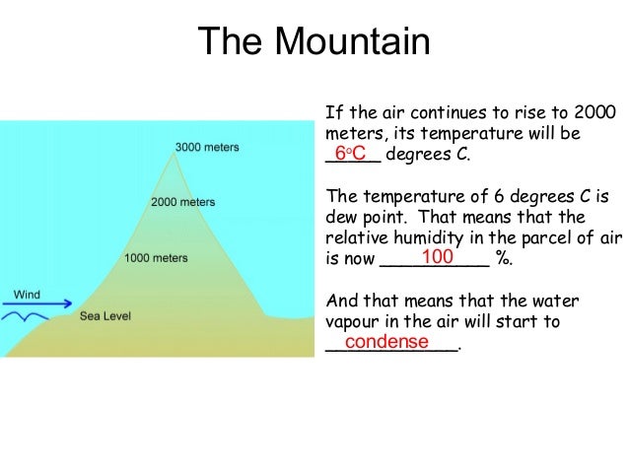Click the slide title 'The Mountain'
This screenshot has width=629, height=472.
click(314, 42)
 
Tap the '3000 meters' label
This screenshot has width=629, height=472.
click(206, 148)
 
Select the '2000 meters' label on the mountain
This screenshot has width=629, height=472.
click(182, 202)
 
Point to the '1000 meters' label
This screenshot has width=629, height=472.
click(156, 258)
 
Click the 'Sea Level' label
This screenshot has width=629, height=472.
click(105, 316)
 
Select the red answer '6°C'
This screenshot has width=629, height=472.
click(350, 154)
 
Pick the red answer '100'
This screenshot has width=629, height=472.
click(437, 257)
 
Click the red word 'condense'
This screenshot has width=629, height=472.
click(386, 342)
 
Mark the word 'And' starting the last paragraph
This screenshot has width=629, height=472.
click(341, 301)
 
